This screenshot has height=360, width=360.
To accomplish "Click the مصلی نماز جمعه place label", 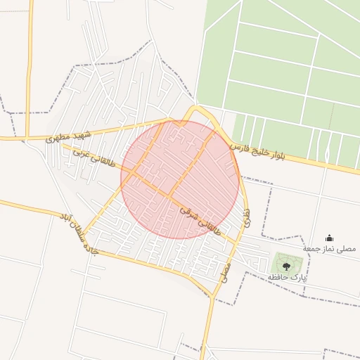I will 330,249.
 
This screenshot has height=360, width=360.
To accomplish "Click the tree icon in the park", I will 286,265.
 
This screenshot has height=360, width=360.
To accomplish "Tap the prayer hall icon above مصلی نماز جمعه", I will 330,238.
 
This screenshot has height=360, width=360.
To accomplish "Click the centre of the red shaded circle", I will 180,180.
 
